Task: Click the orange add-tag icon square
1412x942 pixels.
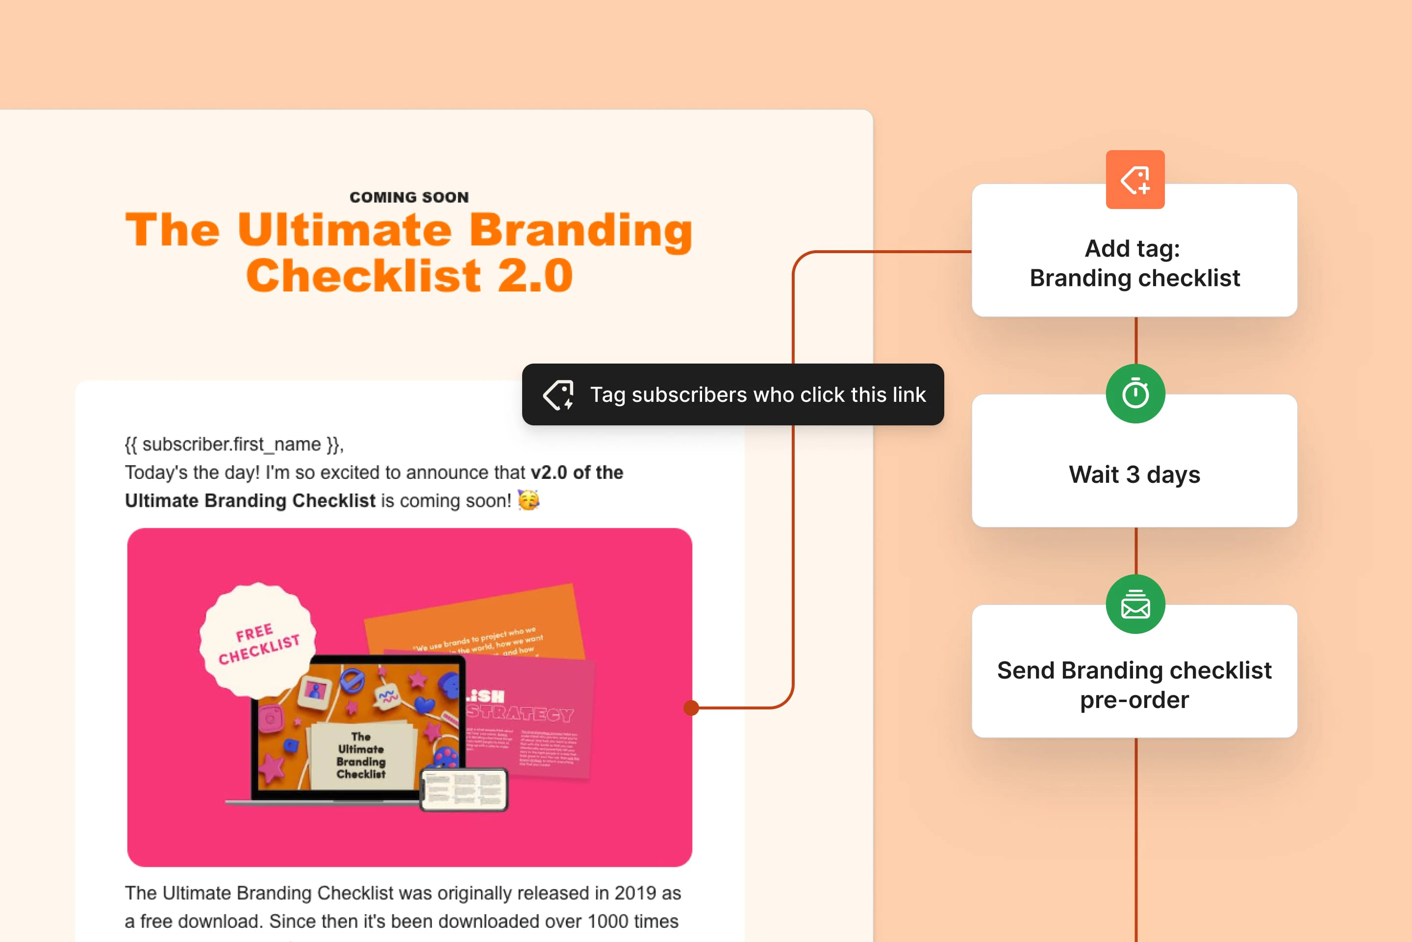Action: point(1135,180)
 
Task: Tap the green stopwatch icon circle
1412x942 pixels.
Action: point(1135,394)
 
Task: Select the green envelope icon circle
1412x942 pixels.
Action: point(1135,604)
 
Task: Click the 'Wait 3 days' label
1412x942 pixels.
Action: point(1134,474)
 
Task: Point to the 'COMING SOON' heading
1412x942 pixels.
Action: point(409,197)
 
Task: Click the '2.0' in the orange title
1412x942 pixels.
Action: point(534,276)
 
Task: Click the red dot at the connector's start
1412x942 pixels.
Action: point(691,707)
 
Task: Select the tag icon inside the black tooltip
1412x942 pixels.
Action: point(558,394)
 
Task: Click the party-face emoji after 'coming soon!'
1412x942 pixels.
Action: point(529,500)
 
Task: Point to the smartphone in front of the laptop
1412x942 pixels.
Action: point(463,789)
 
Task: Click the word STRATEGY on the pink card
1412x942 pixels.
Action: point(520,714)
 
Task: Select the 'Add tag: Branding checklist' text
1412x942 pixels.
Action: point(1134,263)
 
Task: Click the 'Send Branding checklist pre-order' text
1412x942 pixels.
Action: point(1134,685)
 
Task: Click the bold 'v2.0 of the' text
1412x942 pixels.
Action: point(577,472)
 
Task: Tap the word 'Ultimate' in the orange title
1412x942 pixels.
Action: point(344,230)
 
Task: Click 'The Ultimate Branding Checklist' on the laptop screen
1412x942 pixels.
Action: point(361,755)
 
